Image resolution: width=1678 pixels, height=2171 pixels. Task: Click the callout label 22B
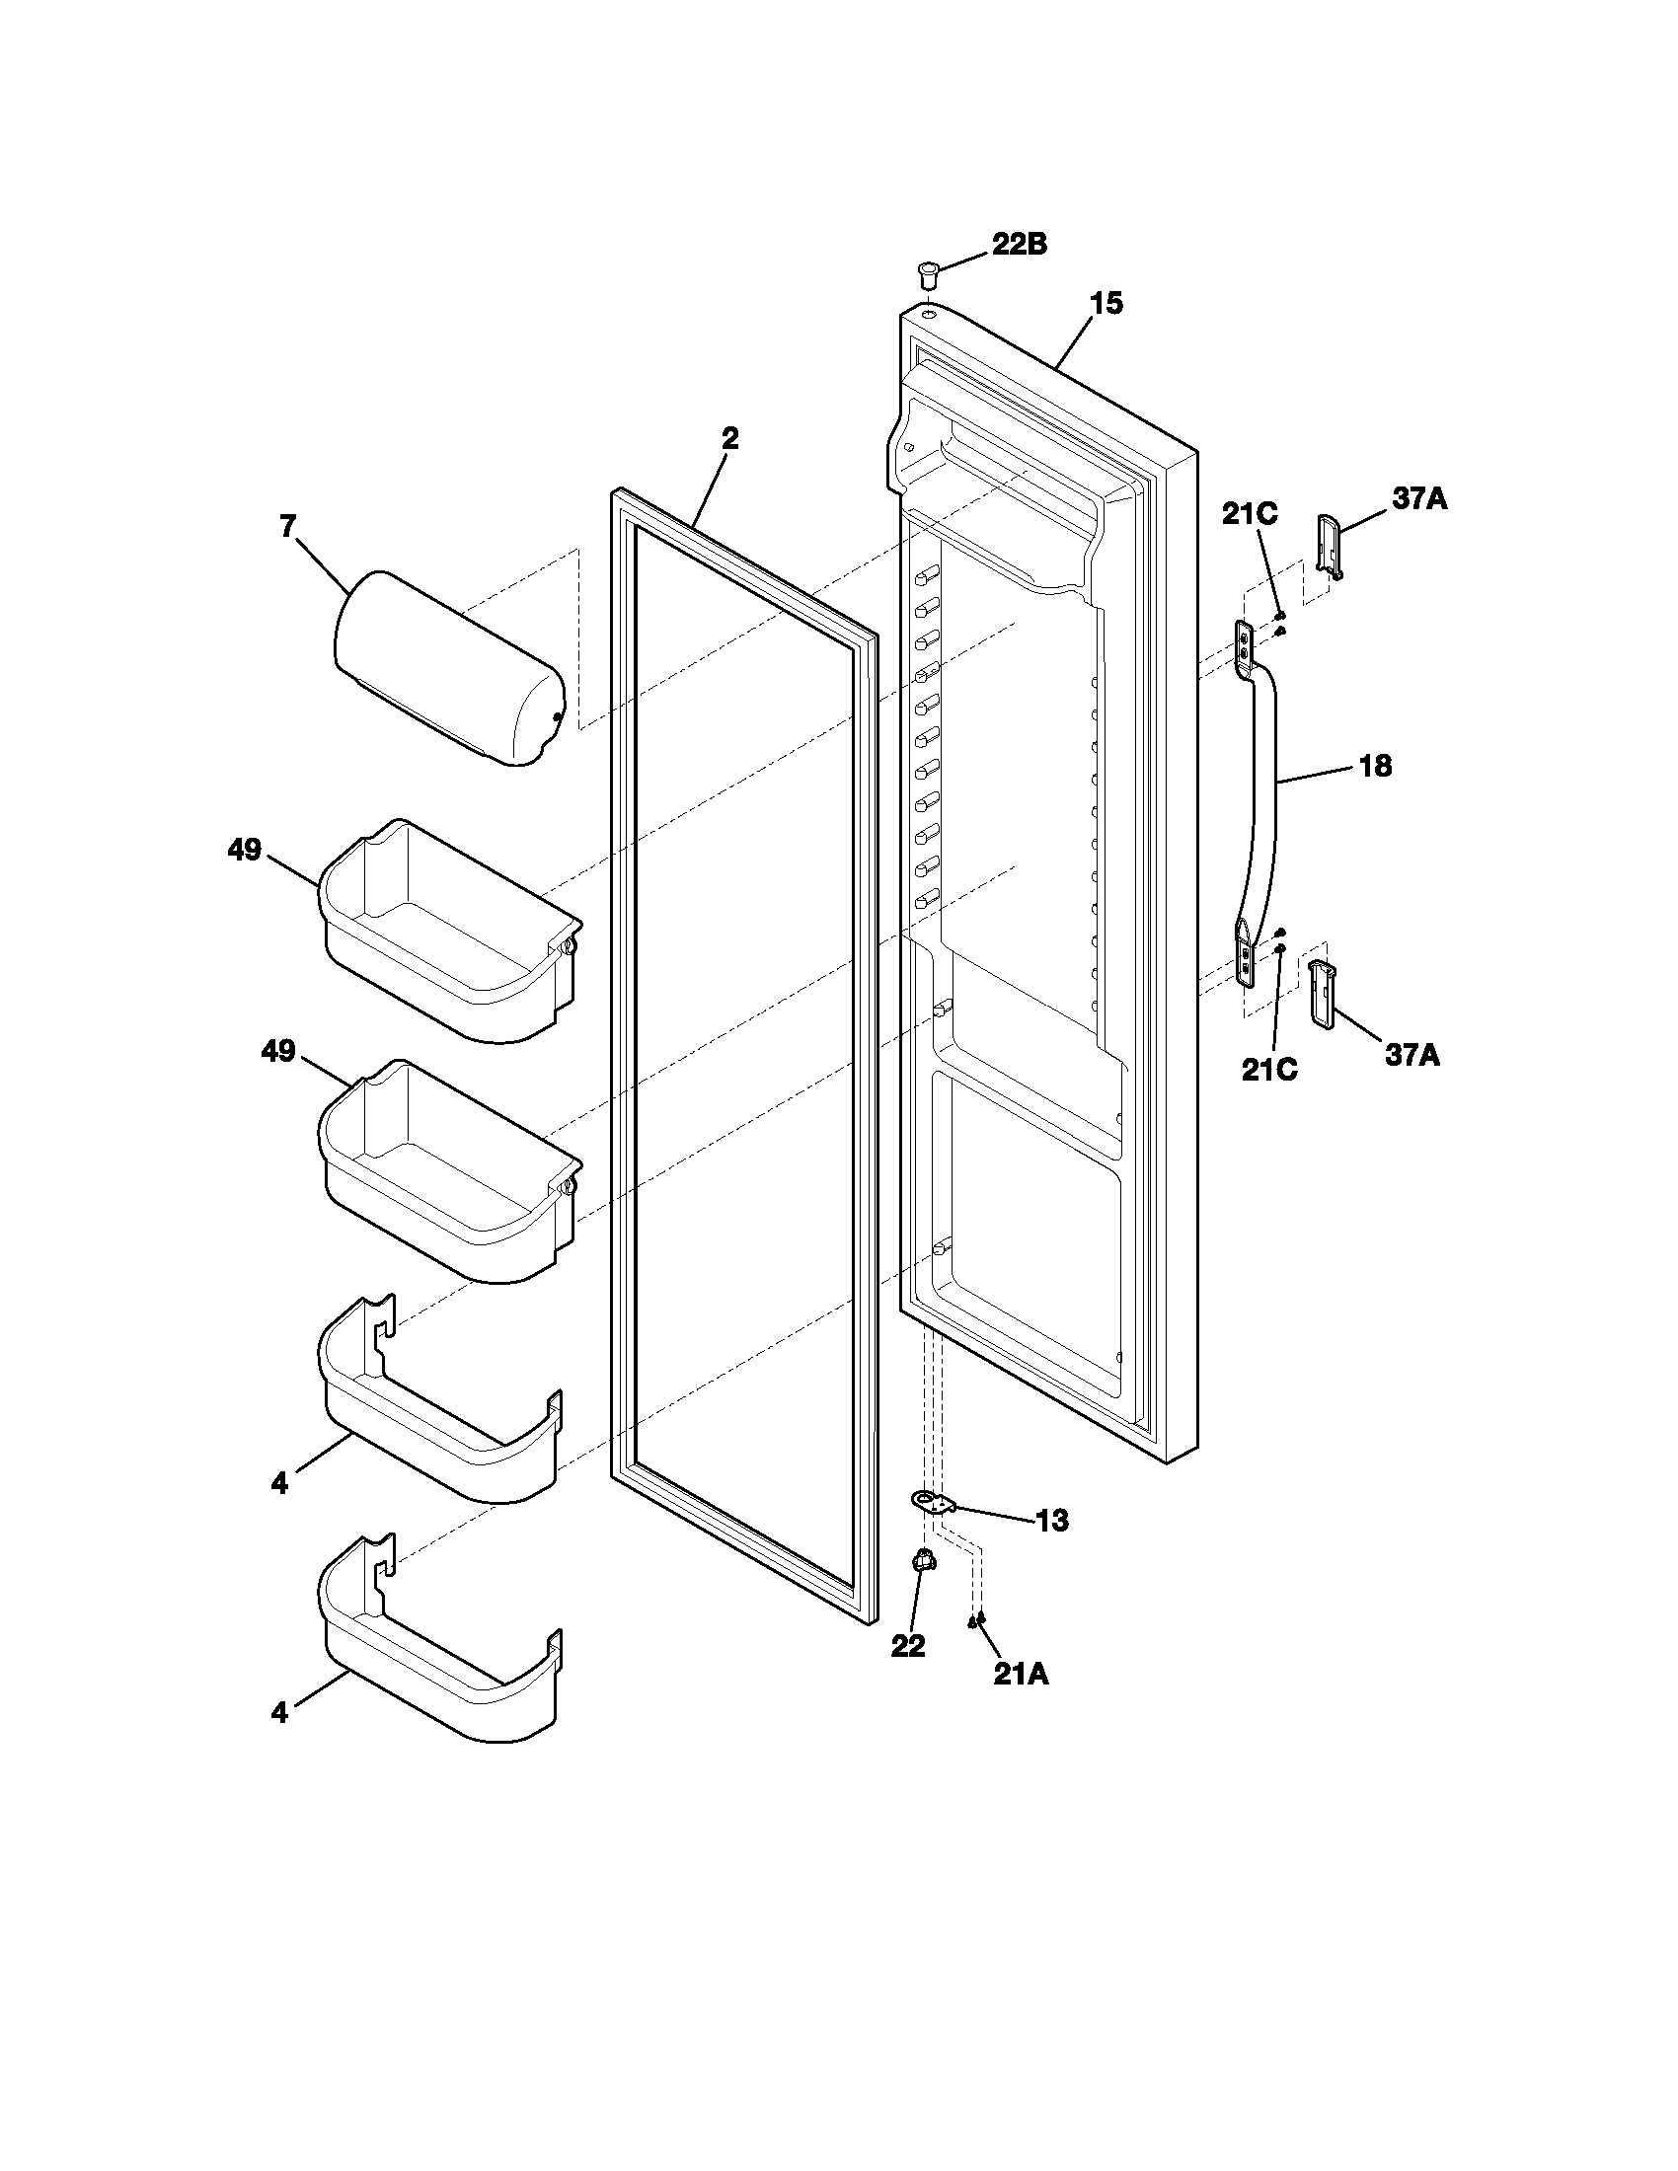pyautogui.click(x=1018, y=245)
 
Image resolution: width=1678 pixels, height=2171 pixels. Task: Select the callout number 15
pyautogui.click(x=1106, y=304)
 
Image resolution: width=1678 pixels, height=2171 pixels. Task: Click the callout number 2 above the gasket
pyautogui.click(x=729, y=439)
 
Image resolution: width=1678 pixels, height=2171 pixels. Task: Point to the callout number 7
pyautogui.click(x=288, y=526)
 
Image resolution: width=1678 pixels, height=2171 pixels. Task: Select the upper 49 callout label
pyautogui.click(x=244, y=850)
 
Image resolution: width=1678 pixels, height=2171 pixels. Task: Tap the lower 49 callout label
pyautogui.click(x=278, y=1051)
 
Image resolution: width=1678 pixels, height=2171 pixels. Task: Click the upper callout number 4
pyautogui.click(x=279, y=1484)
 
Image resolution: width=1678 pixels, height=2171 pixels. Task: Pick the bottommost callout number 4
pyautogui.click(x=279, y=1713)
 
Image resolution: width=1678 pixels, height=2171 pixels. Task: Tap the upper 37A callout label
pyautogui.click(x=1418, y=499)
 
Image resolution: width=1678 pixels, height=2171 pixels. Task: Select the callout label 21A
pyautogui.click(x=1021, y=1675)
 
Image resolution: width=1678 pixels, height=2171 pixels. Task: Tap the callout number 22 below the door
pyautogui.click(x=907, y=1646)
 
